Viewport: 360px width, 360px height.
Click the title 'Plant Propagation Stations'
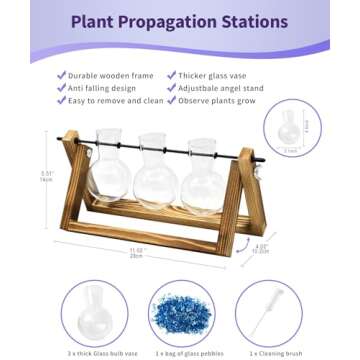point(180,22)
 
